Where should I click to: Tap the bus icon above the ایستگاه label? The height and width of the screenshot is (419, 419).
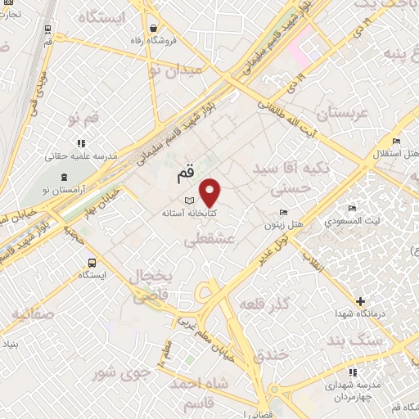92,264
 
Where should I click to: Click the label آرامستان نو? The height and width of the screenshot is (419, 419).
63,191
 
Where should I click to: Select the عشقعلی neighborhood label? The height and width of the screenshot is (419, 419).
211,240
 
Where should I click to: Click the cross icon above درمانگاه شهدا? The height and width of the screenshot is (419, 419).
359,301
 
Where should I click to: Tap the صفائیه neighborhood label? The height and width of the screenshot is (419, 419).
33,313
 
